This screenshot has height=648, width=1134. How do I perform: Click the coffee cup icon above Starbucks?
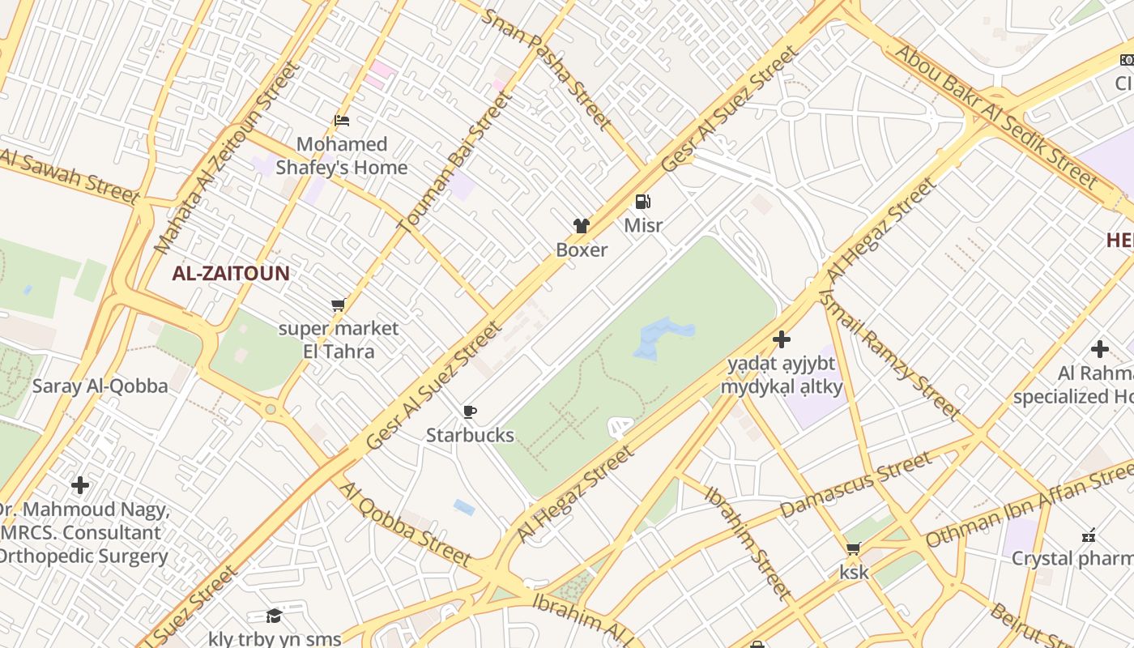tap(469, 411)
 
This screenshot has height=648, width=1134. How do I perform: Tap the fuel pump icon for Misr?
tap(642, 202)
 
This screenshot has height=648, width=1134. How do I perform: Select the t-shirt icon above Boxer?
tap(581, 226)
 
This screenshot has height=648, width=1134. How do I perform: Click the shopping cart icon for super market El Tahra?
tap(338, 305)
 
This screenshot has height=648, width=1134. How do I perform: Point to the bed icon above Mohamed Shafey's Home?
tap(342, 122)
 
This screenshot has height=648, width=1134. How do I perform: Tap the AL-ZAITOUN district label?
tap(230, 273)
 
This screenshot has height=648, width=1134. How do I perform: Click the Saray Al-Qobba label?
tap(100, 386)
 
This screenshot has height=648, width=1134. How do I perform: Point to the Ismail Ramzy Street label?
tap(890, 353)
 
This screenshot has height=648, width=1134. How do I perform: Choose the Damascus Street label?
tap(856, 485)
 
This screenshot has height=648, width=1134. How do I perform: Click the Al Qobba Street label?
tap(405, 524)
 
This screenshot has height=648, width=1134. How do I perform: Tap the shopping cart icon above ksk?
tap(853, 549)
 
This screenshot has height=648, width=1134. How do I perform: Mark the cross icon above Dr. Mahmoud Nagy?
tap(80, 485)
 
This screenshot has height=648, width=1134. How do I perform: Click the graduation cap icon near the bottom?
tap(274, 616)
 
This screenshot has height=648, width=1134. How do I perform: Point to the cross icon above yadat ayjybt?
tap(782, 339)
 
